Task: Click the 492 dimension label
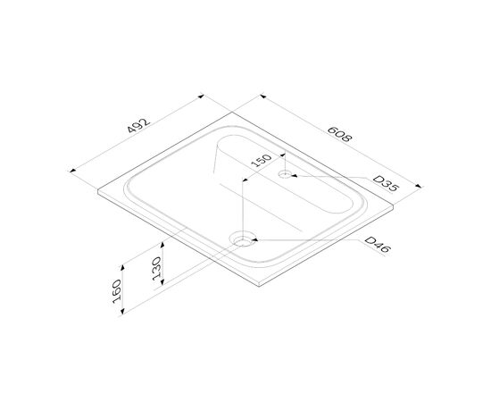point(138,125)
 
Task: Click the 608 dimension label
point(340,134)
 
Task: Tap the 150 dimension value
point(262,161)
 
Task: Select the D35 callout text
point(387,184)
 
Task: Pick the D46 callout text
point(378,245)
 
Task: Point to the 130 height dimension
point(156,269)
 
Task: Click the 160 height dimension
point(117,291)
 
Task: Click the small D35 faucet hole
point(285,173)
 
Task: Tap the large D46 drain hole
point(242,239)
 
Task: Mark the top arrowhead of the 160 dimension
point(123,267)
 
